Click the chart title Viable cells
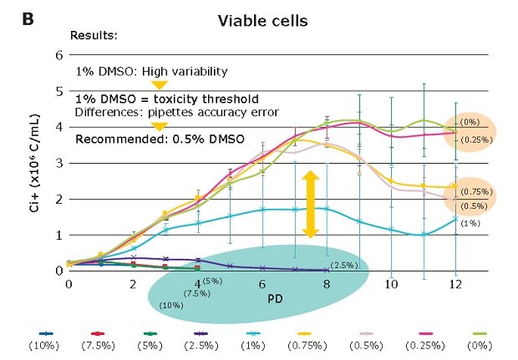(260, 19)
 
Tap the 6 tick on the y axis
(58, 55)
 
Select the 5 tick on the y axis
(58, 91)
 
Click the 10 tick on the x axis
(390, 285)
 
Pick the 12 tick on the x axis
(455, 285)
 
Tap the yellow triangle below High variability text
(159, 85)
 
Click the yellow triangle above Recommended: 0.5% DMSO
(159, 126)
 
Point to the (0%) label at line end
(474, 120)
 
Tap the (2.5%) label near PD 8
(343, 265)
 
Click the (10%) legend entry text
(42, 343)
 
